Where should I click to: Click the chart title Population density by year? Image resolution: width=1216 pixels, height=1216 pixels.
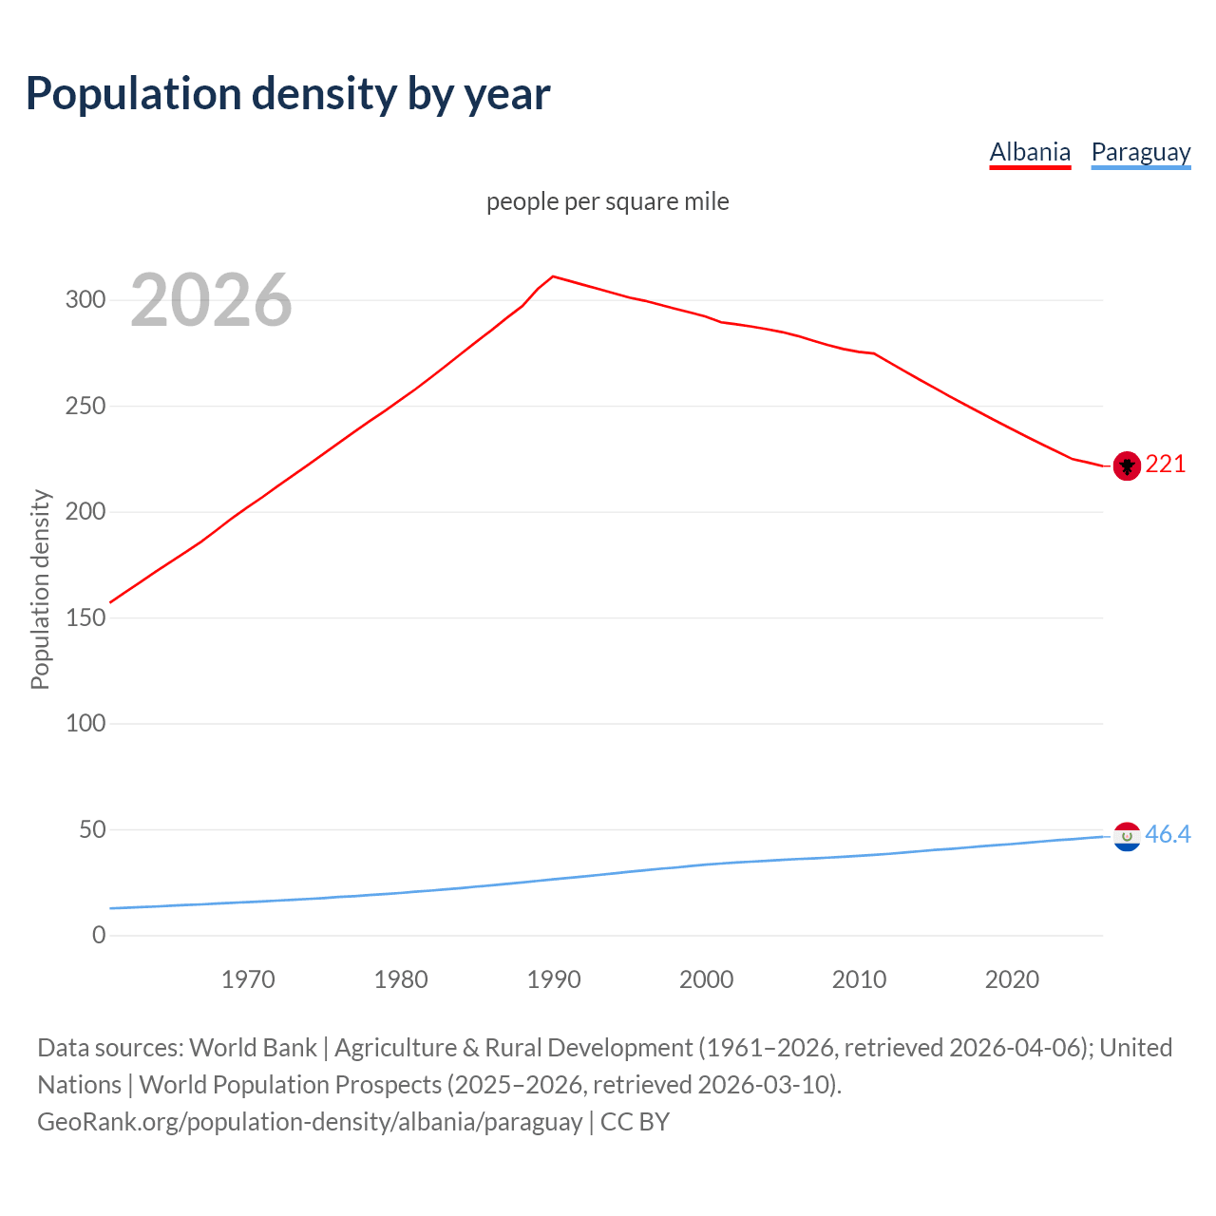[x=288, y=94]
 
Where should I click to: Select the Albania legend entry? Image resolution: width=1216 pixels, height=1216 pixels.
[x=1030, y=152]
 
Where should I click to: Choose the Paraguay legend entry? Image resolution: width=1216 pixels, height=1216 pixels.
[x=1140, y=152]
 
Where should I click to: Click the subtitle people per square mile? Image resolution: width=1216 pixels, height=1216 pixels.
[x=608, y=201]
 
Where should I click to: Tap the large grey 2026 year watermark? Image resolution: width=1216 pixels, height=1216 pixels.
[x=211, y=300]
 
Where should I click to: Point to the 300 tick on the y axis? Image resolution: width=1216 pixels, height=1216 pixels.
[x=85, y=300]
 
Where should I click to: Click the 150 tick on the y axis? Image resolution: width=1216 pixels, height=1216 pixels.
[x=85, y=617]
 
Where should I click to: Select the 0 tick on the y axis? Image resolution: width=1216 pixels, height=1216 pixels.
[x=99, y=935]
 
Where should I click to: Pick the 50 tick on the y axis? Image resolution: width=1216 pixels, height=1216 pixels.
[x=91, y=829]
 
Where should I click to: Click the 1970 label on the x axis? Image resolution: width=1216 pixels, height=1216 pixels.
[x=248, y=979]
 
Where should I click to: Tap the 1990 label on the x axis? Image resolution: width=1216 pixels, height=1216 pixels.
[x=554, y=979]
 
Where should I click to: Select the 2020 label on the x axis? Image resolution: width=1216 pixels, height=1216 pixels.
[x=1012, y=979]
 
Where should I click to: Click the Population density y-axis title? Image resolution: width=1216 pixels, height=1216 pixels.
[x=40, y=589]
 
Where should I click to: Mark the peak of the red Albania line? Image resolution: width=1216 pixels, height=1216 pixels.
[x=554, y=276]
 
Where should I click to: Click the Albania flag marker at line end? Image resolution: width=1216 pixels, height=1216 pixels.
[x=1127, y=465]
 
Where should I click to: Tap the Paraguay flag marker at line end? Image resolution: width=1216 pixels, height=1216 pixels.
[x=1127, y=836]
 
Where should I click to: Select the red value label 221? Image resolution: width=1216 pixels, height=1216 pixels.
[x=1166, y=464]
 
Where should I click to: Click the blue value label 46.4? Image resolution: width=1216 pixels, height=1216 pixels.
[x=1168, y=834]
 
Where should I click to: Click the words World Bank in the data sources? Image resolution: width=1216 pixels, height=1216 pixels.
[x=253, y=1048]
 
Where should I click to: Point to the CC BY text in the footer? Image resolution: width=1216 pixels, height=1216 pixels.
[x=635, y=1122]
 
